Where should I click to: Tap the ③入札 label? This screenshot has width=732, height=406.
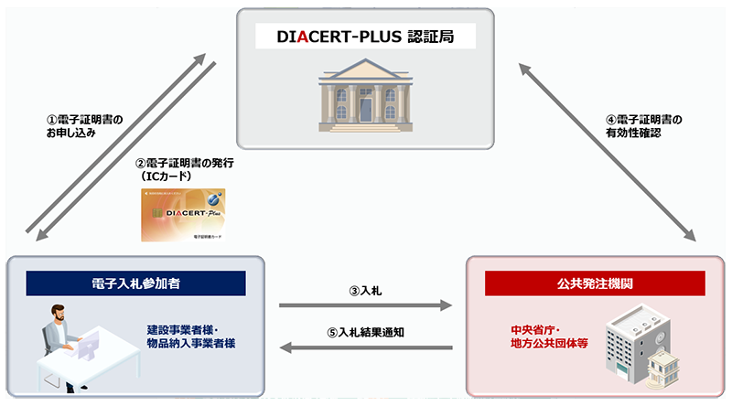pyautogui.click(x=366, y=291)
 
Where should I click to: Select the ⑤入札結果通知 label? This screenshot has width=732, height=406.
pyautogui.click(x=366, y=332)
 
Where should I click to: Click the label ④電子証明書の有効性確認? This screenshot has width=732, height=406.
pyautogui.click(x=644, y=125)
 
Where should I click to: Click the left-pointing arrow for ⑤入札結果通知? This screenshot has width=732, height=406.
pyautogui.click(x=366, y=347)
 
